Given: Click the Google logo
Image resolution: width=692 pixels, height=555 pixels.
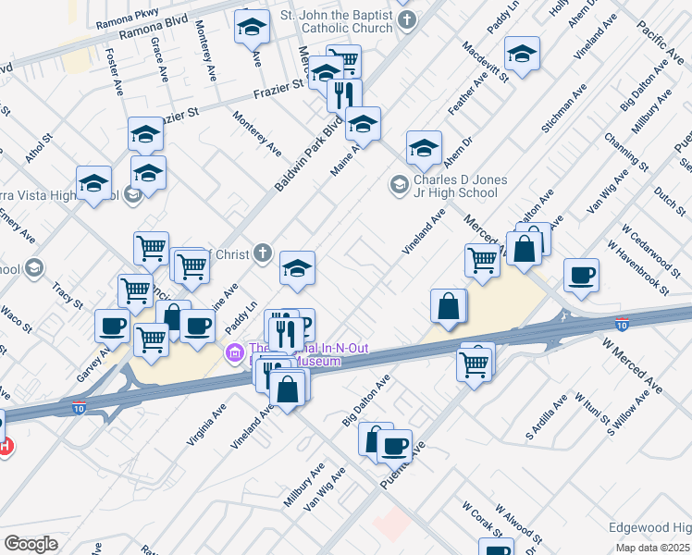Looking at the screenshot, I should [x=31, y=543].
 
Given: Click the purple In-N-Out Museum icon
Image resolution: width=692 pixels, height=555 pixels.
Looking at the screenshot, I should [x=234, y=351].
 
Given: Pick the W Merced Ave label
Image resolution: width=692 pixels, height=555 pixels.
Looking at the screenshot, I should [x=634, y=366].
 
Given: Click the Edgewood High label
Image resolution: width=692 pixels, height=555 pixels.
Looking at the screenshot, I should [x=649, y=527].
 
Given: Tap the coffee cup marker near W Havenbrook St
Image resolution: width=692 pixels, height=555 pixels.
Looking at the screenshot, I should [x=581, y=276].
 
